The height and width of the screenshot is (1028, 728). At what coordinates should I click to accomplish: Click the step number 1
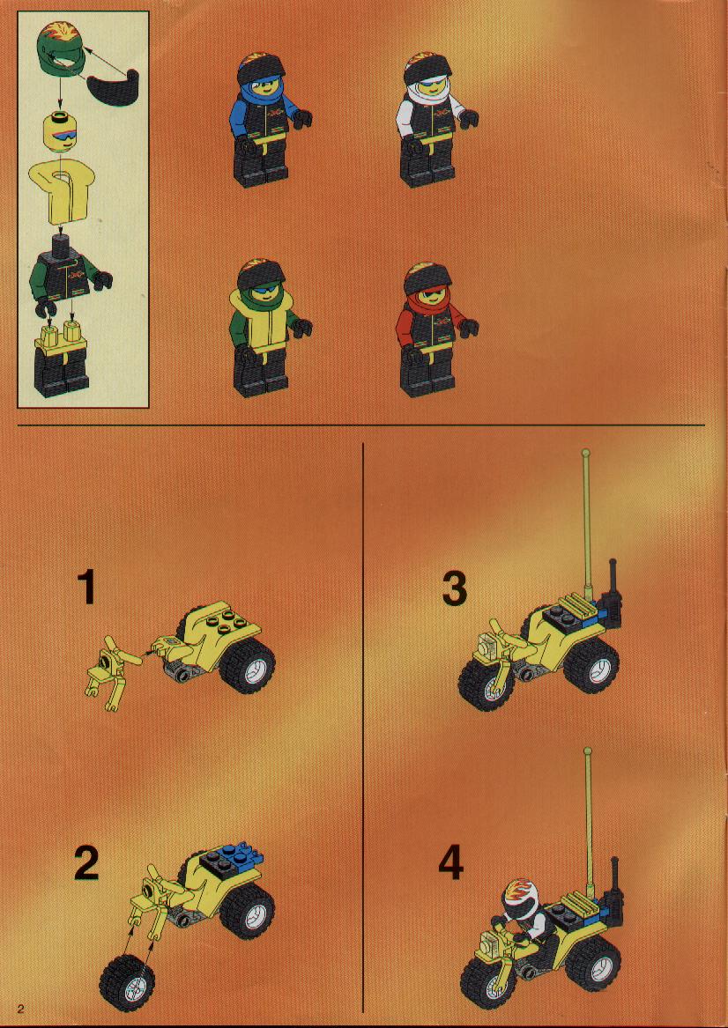(86, 588)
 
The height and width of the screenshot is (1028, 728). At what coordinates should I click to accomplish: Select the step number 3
(454, 588)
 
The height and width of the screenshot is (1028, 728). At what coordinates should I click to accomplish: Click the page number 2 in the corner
(22, 1008)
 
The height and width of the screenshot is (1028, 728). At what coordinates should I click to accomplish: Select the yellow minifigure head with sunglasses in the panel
(61, 133)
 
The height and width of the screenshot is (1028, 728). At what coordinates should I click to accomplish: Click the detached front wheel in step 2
(128, 982)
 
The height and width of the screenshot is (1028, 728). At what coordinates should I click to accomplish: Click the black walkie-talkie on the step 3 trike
(613, 599)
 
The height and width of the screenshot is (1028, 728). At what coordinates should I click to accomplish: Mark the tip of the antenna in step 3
(586, 453)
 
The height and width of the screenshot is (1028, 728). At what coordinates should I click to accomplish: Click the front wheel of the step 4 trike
(488, 979)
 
